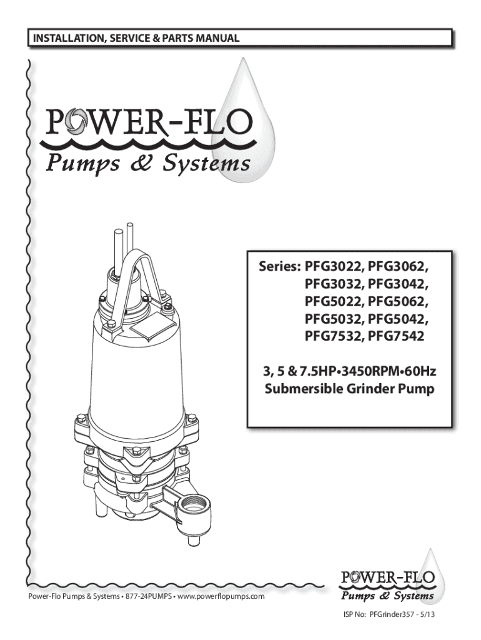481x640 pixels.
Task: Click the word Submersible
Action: coord(301,391)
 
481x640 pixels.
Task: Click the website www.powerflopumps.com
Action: coord(221,596)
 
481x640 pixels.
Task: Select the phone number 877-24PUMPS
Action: coord(147,596)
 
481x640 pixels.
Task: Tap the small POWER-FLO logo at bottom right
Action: coord(386,581)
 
